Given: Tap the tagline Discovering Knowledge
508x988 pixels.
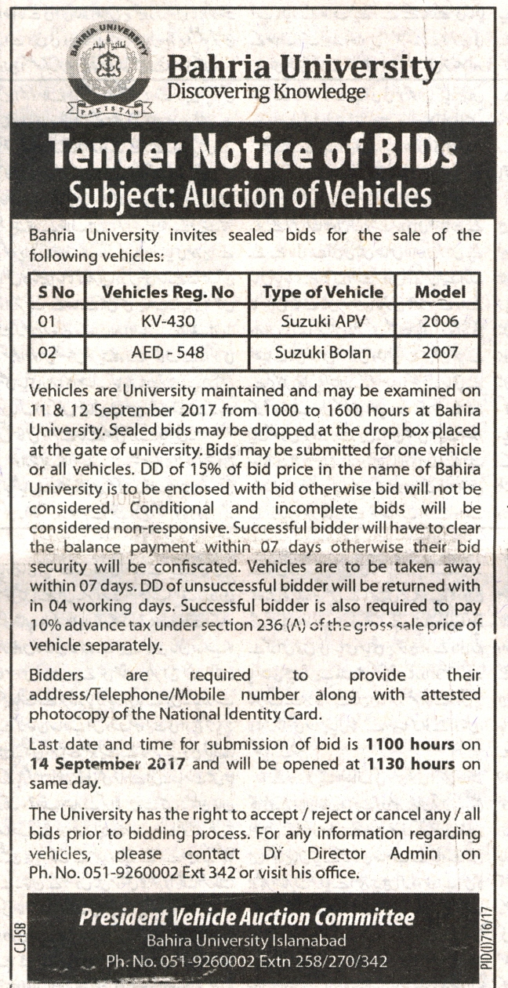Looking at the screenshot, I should (267, 93).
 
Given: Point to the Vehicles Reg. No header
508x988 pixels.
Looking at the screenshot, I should (169, 292).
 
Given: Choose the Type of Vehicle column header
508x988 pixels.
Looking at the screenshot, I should (323, 292).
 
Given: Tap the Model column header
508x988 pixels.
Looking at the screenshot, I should (440, 292).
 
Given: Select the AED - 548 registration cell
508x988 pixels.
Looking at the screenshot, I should (167, 352).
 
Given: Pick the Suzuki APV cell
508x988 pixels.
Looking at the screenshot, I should (323, 321).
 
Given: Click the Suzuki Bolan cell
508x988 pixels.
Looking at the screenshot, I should (323, 352).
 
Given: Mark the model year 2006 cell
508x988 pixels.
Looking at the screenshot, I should (440, 321).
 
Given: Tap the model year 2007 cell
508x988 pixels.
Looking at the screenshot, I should (440, 352).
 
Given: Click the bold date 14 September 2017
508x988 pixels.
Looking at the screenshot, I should (107, 761).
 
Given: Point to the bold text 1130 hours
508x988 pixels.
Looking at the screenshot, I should (410, 761).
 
